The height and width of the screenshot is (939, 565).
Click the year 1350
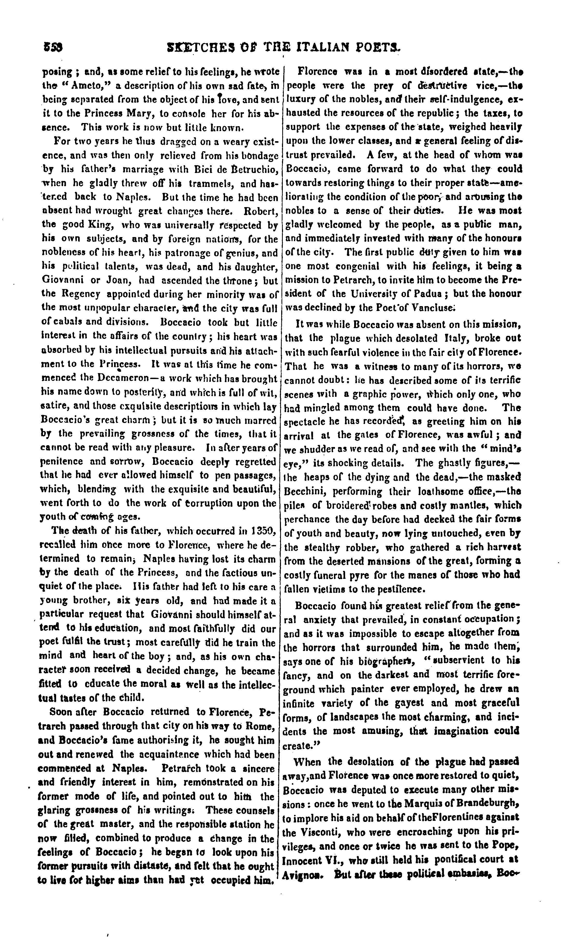265,531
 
